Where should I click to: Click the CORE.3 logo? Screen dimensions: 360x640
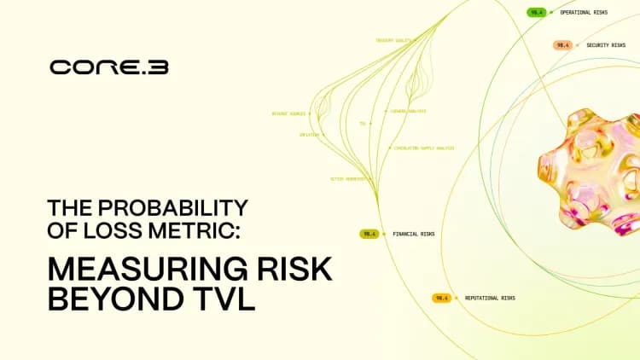(108, 67)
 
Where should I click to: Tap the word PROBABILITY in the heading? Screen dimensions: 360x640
(177, 207)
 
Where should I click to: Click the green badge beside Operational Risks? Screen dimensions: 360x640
(536, 13)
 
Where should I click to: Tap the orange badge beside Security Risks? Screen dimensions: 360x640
(562, 44)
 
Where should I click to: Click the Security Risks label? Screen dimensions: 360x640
(607, 44)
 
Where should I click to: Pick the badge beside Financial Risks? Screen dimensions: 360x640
(369, 233)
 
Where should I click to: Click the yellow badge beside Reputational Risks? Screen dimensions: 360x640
(441, 298)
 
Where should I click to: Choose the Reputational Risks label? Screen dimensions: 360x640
(490, 298)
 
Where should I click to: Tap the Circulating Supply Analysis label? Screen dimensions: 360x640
(424, 148)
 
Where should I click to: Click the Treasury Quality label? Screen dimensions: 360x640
(393, 40)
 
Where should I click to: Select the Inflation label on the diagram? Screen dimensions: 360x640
(309, 135)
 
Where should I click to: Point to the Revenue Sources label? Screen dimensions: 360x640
(288, 113)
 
